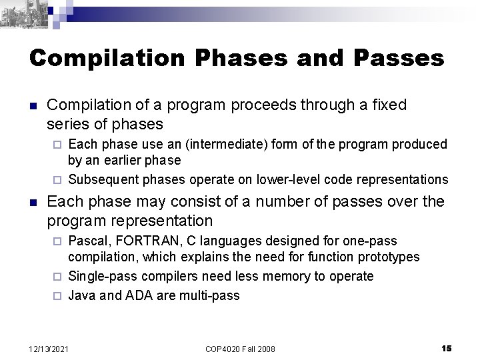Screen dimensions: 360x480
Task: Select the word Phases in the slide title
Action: [x=226, y=58]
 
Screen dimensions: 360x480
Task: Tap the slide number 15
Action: [x=447, y=349]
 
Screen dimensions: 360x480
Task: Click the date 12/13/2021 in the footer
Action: [x=49, y=349]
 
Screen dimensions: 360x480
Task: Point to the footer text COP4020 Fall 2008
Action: [x=240, y=349]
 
